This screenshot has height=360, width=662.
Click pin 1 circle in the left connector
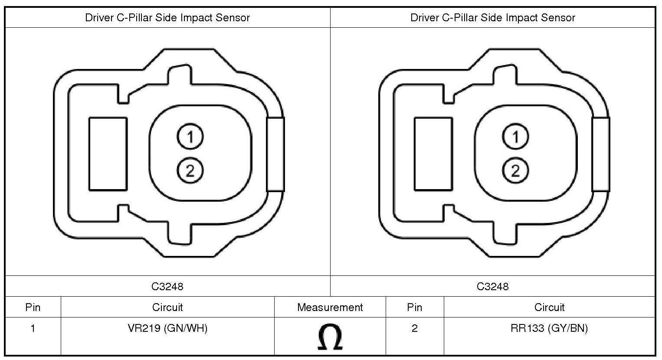[x=190, y=137]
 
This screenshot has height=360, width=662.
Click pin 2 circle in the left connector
[x=190, y=170]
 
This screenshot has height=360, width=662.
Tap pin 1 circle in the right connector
[x=515, y=137]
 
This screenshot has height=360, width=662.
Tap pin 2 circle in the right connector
[x=515, y=170]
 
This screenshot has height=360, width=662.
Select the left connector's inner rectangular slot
[x=108, y=154]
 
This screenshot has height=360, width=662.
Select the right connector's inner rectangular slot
[x=433, y=154]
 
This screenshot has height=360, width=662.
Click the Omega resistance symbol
[x=330, y=337]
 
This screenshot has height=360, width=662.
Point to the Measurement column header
[x=330, y=308]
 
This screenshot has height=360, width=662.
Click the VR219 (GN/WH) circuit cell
[x=167, y=328]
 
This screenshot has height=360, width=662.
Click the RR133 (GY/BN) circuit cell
[x=549, y=328]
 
